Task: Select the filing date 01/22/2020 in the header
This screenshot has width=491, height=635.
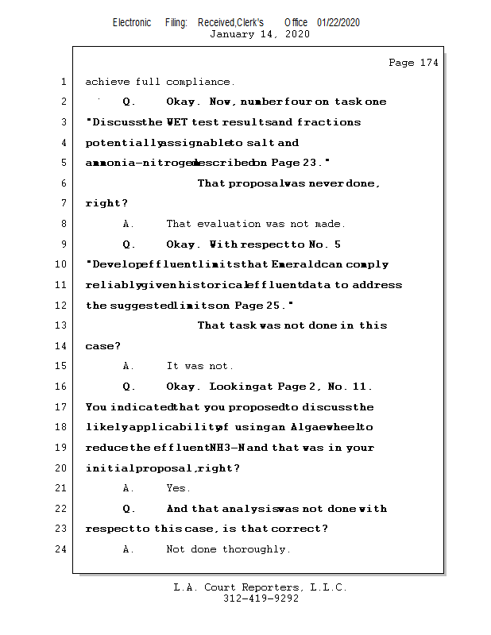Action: (x=338, y=23)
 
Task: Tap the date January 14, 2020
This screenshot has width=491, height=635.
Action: (x=260, y=34)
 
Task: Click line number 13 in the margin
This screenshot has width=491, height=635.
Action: (x=63, y=325)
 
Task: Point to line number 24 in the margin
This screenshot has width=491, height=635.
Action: (x=63, y=549)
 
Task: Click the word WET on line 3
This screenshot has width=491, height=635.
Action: (x=177, y=122)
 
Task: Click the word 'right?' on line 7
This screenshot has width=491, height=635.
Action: (x=106, y=203)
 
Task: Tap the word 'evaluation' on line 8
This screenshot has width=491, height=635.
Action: (x=224, y=224)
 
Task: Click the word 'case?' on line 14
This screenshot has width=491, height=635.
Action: (x=103, y=346)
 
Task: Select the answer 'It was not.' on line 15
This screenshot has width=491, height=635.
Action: (x=199, y=367)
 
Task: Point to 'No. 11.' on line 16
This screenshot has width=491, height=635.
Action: (x=350, y=387)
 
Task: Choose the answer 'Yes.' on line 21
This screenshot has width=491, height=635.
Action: (x=178, y=488)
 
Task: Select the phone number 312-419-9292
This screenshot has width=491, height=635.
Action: (x=261, y=598)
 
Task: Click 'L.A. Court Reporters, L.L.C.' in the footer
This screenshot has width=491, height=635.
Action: (x=260, y=587)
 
